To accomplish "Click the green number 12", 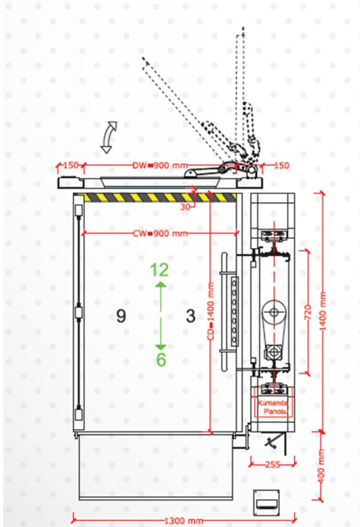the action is point(159,270).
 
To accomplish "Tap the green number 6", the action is point(161,360).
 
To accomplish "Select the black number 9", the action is point(121,315).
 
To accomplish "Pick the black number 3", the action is point(191,315).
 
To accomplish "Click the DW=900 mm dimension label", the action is point(160,165).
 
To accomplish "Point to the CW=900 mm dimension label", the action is point(160,233).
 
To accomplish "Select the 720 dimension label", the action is point(308,312).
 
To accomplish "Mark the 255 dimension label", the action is point(273,465).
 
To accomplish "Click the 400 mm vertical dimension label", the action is point(321,466).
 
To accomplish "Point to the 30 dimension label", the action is point(185,207).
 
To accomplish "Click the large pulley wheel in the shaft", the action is point(274,312).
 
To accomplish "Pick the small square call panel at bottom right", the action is point(266,503).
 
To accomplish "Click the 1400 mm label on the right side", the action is point(323,311).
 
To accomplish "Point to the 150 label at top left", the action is point(71,165).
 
